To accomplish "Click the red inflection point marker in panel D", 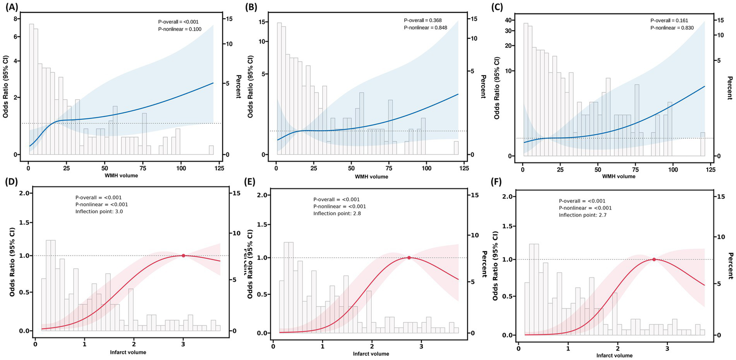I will coord(183,255).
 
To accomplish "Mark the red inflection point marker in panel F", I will coord(654,259).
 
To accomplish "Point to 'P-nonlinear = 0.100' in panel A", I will coord(180,29).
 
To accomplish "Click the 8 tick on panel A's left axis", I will coord(16,19).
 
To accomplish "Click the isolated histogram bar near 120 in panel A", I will coord(211,150).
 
